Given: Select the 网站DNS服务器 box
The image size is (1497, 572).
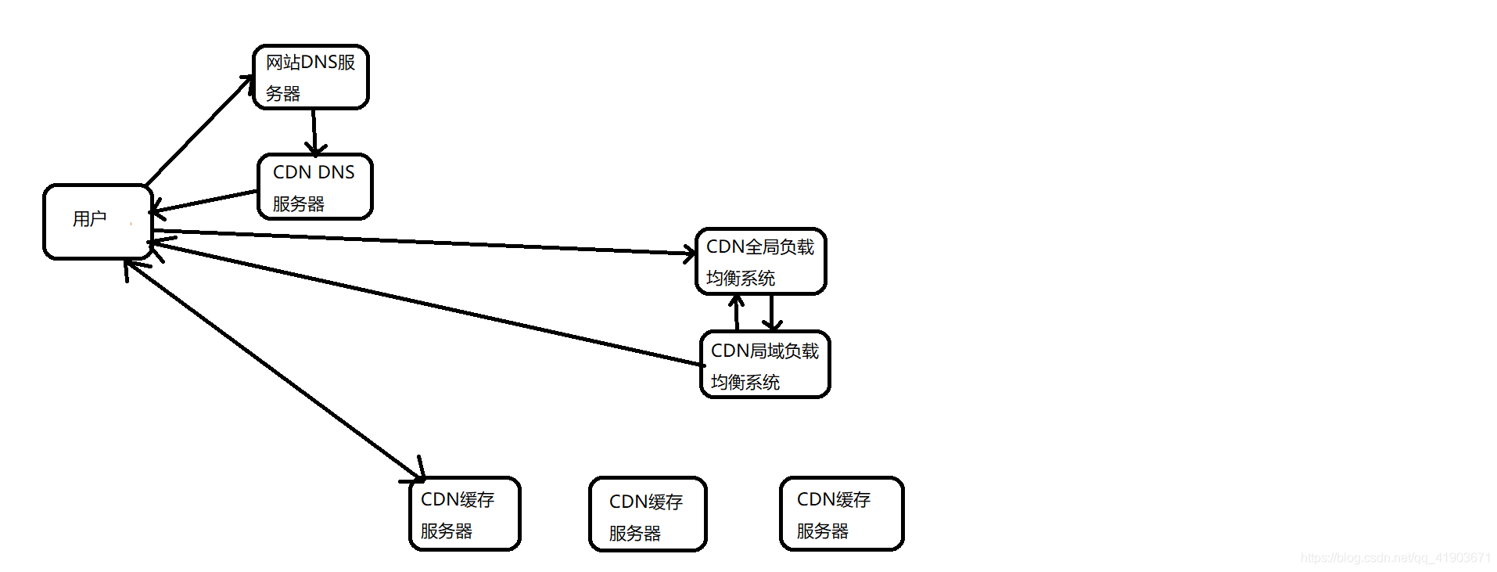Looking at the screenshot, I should click(x=311, y=77).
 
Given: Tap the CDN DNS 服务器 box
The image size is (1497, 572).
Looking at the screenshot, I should click(x=314, y=187).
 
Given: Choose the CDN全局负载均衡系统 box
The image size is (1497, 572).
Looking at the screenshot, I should click(x=760, y=261).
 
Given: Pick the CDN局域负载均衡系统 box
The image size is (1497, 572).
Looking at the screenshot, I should click(x=764, y=365).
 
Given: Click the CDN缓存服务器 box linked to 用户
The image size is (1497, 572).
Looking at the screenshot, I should click(x=465, y=514).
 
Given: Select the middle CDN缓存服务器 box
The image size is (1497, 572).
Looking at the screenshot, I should click(x=648, y=515).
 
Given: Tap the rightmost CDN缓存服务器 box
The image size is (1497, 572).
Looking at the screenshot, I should click(x=841, y=514).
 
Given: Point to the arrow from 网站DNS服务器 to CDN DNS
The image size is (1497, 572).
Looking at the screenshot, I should click(x=314, y=131).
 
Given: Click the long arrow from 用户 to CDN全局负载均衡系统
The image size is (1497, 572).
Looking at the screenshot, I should click(x=422, y=242).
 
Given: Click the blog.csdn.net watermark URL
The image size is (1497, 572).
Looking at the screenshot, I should click(x=1395, y=558).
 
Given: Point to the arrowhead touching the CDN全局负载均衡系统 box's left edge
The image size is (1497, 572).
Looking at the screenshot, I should click(x=689, y=253).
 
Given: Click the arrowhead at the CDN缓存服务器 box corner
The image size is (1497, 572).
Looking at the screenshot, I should click(x=418, y=473).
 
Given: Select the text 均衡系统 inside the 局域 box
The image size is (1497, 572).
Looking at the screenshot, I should click(x=745, y=383).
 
